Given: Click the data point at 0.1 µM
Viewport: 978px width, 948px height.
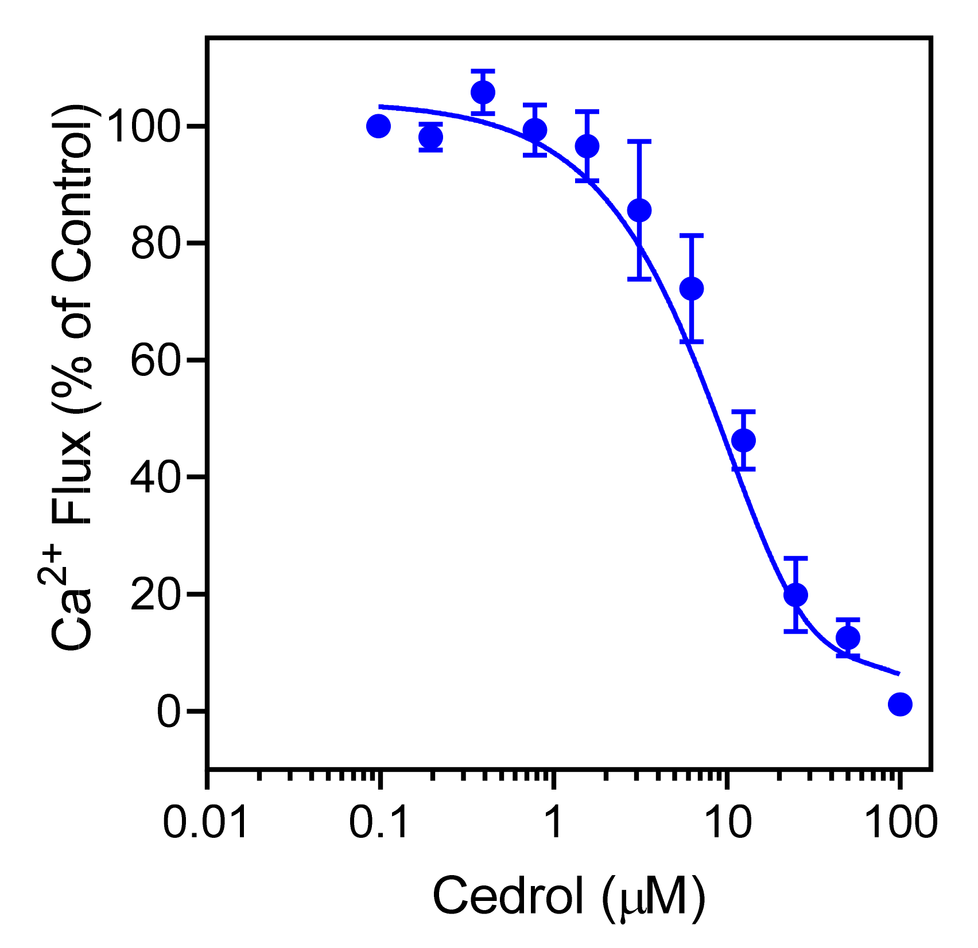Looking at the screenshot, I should coord(378,126).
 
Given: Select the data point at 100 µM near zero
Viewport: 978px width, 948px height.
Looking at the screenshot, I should coord(900,704).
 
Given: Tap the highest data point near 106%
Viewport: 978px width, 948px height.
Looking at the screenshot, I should coord(483,92).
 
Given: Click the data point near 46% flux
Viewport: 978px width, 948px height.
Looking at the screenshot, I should coord(744,441).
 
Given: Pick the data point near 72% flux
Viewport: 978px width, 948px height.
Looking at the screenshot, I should coord(692,288).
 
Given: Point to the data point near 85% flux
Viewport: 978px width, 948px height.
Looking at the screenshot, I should coord(639,211).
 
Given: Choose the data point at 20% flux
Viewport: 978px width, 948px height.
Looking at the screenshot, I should coord(795,595).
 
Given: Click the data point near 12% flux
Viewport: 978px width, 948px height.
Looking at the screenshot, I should coord(848,638).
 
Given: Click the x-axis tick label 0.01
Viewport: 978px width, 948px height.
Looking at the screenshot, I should coord(206,822).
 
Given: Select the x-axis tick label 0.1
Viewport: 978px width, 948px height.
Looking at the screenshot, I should coord(379,822).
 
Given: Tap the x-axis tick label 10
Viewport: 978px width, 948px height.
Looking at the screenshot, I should coord(727,822).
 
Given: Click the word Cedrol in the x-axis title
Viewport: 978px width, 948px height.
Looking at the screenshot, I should coord(507,896).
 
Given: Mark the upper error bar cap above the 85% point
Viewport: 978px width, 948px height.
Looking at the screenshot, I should coord(639,141).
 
